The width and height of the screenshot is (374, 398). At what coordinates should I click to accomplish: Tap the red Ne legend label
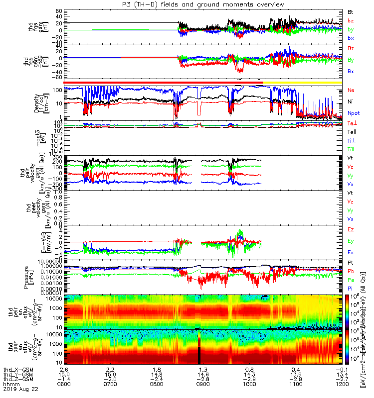(x=351, y=91)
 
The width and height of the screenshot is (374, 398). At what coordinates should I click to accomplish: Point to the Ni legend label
(x=351, y=101)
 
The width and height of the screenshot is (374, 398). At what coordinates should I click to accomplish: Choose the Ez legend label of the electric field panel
(x=351, y=229)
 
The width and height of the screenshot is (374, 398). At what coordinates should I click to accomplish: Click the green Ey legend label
(x=351, y=241)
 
